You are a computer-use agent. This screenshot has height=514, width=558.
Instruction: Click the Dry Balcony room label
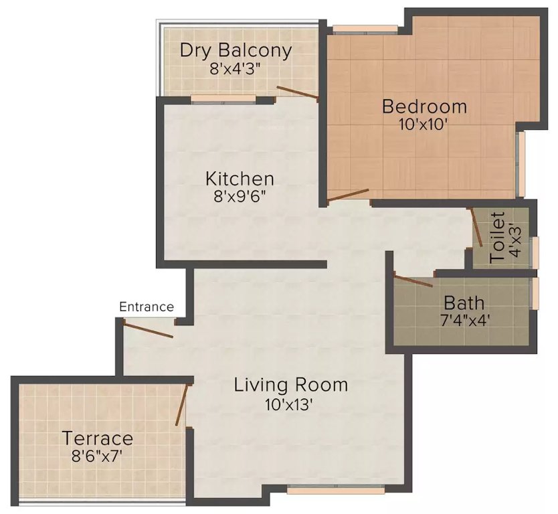[236, 51]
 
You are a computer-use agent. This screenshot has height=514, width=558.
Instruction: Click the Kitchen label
[240, 179]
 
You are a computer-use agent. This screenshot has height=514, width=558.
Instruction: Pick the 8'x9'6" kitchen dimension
[240, 197]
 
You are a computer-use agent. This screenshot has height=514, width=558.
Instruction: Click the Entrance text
[147, 307]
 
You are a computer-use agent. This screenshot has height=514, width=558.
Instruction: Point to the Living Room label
[291, 385]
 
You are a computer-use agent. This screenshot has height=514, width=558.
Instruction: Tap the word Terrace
[98, 439]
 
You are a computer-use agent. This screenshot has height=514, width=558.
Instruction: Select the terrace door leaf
[181, 405]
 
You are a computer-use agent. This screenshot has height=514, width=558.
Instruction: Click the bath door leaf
[413, 280]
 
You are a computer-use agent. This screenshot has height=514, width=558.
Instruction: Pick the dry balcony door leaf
[297, 93]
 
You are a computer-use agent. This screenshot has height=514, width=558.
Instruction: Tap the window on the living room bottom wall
[327, 489]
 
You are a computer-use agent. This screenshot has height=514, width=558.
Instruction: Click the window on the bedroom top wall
[365, 29]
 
